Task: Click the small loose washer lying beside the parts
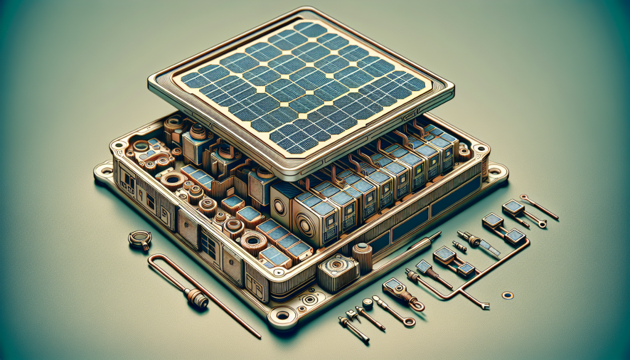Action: (507, 295)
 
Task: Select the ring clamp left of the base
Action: (140, 239)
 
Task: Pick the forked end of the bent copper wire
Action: (485, 306)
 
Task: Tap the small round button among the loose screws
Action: (367, 302)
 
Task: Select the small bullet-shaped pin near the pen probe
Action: (460, 246)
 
